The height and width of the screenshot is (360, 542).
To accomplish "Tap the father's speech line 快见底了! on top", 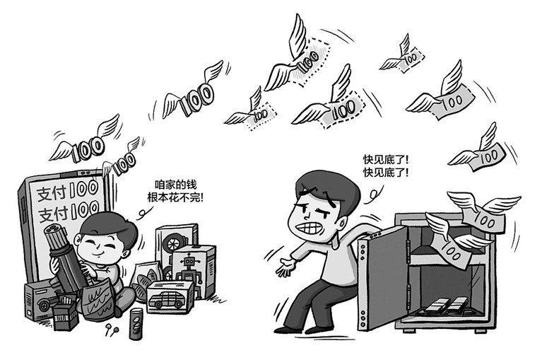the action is pyautogui.click(x=385, y=160).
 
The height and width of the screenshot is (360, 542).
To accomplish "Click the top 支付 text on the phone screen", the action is pyautogui.click(x=52, y=194).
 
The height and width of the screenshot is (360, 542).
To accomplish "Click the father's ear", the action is pyautogui.click(x=342, y=222).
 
